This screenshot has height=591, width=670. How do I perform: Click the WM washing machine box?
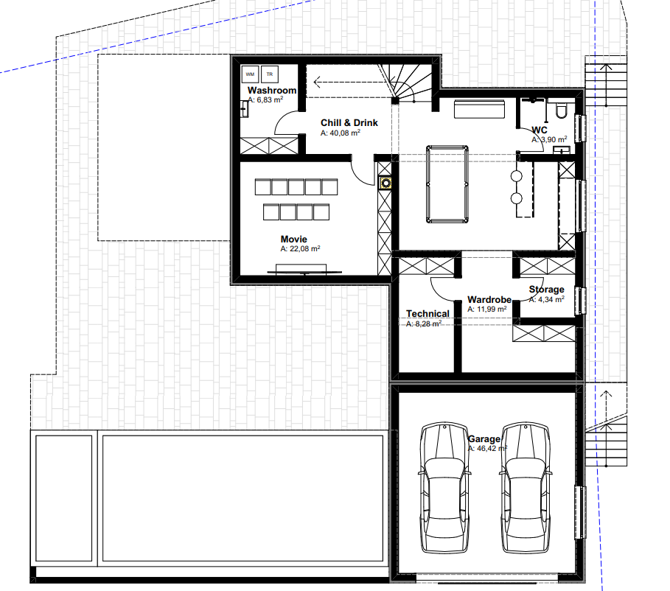(250, 74)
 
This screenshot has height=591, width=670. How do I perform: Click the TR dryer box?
(270, 74)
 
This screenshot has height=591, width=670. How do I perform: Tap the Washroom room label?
(272, 90)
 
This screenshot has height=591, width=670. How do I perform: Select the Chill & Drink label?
(349, 122)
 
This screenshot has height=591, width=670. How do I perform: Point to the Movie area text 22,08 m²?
(301, 249)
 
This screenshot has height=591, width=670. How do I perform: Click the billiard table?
(447, 184)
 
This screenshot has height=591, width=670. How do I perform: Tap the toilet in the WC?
(561, 110)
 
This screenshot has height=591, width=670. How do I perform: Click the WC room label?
(540, 130)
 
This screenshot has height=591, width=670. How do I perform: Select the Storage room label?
(546, 290)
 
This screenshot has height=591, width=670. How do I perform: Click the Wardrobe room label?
(489, 300)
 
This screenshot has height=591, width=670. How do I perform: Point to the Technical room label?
(428, 314)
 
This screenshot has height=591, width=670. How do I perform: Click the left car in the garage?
(444, 488)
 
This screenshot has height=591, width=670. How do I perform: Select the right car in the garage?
(525, 488)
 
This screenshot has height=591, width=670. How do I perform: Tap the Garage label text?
(484, 439)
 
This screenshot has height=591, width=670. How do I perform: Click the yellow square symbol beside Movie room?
(385, 183)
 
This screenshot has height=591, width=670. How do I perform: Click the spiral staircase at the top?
(405, 83)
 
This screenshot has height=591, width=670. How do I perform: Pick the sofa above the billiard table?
(479, 109)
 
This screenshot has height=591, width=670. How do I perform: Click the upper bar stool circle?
(516, 175)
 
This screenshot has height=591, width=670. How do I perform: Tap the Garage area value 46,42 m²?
(487, 449)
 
